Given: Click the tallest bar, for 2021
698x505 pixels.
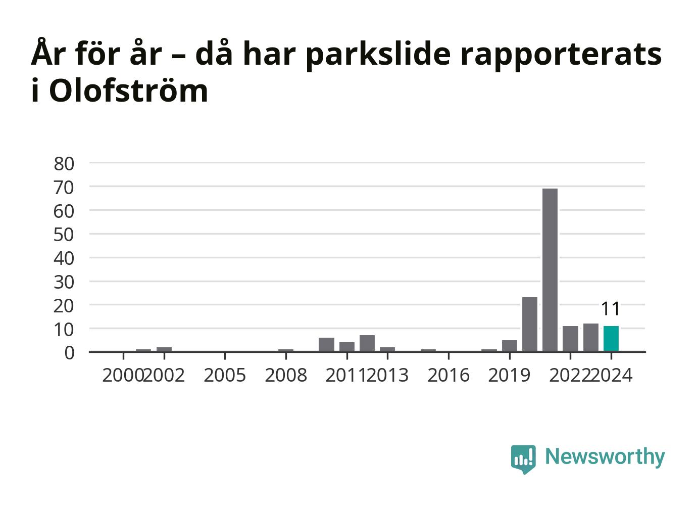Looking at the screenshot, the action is (550, 270).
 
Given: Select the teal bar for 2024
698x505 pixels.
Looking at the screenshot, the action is (611, 338).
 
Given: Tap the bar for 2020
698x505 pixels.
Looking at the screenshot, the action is (530, 324).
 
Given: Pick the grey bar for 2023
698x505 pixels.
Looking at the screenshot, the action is (591, 337).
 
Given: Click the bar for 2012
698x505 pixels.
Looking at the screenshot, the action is (367, 343).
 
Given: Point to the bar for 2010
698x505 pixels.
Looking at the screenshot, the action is (327, 344).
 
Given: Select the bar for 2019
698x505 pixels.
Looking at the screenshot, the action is (510, 346).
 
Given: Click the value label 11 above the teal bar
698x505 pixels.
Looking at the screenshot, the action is (611, 309).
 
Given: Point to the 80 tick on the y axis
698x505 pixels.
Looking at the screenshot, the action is (64, 164).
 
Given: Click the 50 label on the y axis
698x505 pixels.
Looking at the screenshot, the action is (64, 235).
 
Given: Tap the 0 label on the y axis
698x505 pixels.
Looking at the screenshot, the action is (69, 353).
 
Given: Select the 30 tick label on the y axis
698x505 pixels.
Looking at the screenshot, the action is (64, 282).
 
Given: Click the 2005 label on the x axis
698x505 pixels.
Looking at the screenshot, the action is (225, 375).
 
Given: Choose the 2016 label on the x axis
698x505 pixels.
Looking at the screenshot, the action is (448, 375).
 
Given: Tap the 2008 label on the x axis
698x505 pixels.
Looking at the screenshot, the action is (286, 375).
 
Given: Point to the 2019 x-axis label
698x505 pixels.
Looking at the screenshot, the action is (509, 375).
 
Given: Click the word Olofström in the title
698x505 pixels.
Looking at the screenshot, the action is (128, 90).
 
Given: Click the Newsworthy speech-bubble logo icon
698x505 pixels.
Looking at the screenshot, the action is (523, 460).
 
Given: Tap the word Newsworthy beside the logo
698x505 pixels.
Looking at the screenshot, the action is (605, 457).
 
